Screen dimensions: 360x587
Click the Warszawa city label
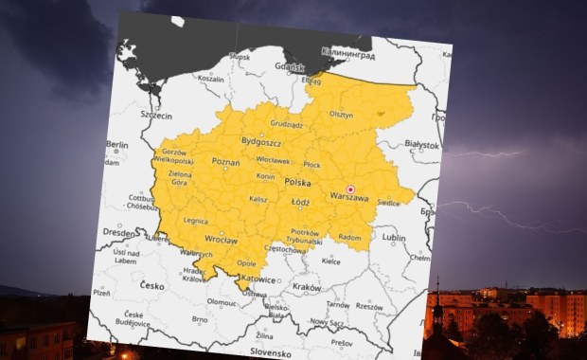coord(347,197)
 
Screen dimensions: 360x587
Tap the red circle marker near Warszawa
coord(350,189)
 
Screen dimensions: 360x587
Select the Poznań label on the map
coord(225,162)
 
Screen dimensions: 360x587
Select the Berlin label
coord(116,145)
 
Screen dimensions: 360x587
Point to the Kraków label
coord(307,285)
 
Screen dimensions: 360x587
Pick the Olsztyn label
coord(340,115)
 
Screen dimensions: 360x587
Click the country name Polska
coord(297,181)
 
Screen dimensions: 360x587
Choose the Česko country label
coord(151,284)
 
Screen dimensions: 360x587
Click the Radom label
coord(349,237)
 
